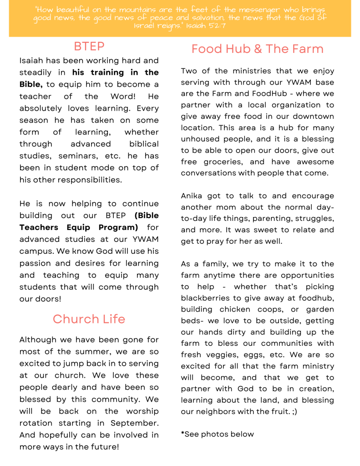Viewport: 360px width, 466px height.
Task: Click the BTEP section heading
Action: point(89,46)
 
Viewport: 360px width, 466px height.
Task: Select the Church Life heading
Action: point(89,319)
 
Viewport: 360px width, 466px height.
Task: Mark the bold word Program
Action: point(118,227)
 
